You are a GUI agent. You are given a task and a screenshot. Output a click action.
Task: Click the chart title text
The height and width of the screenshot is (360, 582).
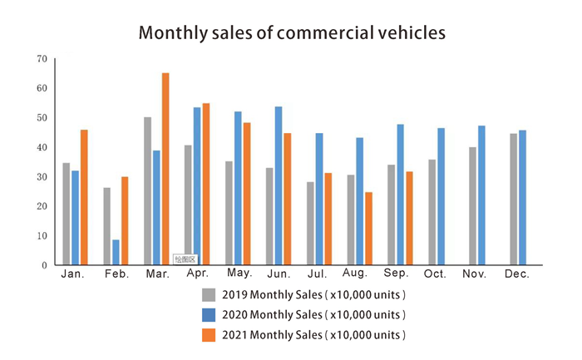[292, 32]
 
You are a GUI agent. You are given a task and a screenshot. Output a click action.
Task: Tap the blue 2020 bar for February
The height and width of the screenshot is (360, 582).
[116, 252]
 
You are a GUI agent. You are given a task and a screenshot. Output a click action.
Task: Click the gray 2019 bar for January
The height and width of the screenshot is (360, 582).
[67, 214]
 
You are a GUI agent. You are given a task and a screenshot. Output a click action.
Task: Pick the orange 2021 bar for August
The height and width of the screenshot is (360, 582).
[368, 229]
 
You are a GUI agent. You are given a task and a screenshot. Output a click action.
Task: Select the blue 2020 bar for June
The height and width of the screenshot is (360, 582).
[279, 185]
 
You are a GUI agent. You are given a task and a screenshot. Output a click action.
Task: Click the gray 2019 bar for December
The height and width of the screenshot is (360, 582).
[513, 199]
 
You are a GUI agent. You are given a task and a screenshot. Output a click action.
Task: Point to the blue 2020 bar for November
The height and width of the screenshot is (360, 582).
[481, 195]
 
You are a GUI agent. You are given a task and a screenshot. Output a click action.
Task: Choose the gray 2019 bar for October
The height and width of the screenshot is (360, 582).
[432, 212]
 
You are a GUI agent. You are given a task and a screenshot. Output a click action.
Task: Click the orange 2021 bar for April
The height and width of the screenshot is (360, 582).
[206, 184]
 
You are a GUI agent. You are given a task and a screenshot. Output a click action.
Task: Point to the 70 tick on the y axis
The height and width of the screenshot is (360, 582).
[42, 59]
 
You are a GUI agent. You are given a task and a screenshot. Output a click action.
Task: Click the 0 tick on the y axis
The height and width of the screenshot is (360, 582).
[44, 265]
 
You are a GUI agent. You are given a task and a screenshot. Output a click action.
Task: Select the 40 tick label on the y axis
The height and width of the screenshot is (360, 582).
[42, 147]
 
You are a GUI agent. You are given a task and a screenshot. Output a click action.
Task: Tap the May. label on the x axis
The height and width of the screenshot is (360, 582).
[239, 274]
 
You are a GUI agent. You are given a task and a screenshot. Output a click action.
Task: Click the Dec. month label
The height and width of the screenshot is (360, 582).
[516, 274]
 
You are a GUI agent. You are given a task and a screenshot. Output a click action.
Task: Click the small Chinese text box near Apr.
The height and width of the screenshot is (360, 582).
[185, 259]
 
